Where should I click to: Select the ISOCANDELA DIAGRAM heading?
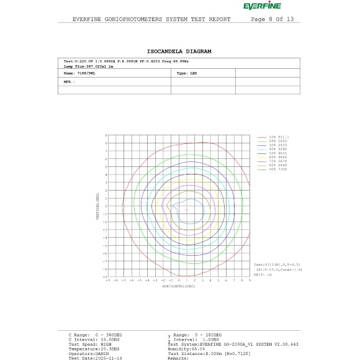(x=179, y=51)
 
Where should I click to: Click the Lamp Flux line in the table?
(x=87, y=65)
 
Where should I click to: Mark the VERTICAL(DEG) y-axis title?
(x=97, y=205)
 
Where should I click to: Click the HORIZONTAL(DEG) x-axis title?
(x=179, y=287)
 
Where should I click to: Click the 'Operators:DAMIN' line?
(x=86, y=353)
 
